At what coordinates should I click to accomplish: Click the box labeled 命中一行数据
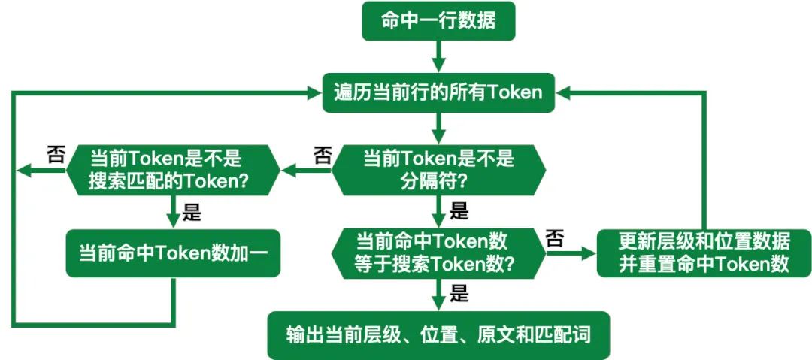(x=438, y=21)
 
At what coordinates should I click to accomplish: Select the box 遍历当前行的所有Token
(x=438, y=92)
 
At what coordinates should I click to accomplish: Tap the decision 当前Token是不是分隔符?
(x=438, y=170)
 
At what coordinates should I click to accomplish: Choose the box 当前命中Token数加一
(x=174, y=253)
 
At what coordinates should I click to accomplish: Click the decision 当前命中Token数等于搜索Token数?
(x=438, y=253)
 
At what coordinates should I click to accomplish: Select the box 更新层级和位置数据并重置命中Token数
(x=704, y=253)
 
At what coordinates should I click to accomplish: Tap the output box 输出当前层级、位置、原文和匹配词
(x=438, y=334)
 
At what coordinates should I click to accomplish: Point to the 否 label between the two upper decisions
(x=322, y=156)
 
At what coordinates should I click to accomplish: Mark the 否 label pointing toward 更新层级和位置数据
(x=554, y=239)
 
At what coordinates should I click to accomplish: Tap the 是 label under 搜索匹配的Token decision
(x=192, y=213)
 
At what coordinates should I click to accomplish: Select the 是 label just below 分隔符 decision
(x=459, y=210)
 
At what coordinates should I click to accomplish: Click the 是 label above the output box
(x=459, y=293)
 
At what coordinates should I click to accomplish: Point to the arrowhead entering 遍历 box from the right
(x=564, y=92)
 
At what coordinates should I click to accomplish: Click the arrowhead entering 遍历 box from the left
(x=314, y=92)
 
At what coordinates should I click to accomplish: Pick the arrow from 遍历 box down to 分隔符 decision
(x=438, y=128)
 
